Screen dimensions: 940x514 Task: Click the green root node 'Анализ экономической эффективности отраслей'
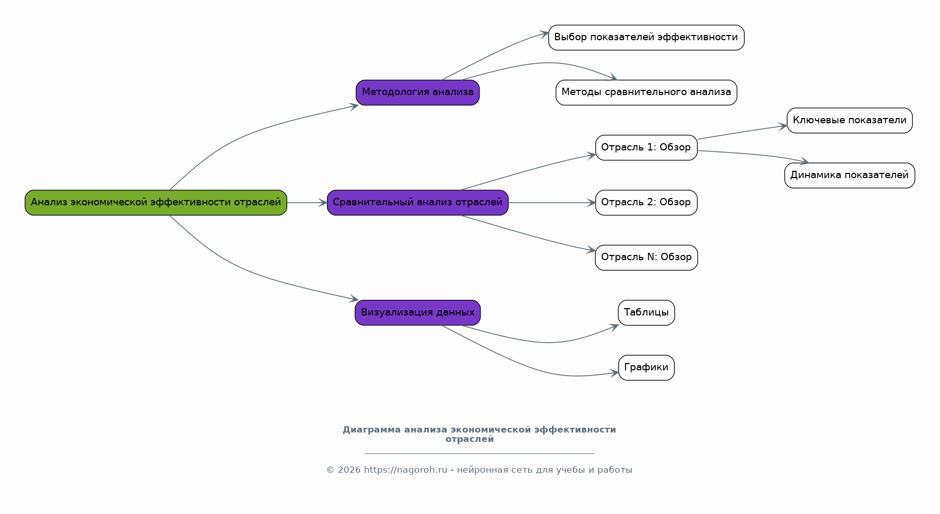tap(156, 203)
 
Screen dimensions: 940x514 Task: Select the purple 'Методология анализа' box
tap(418, 92)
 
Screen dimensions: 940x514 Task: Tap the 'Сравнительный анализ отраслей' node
tap(418, 203)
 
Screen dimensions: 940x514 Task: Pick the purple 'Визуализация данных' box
tap(418, 313)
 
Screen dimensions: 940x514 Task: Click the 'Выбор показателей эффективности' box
tap(646, 38)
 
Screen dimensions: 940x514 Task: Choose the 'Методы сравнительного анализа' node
tap(646, 92)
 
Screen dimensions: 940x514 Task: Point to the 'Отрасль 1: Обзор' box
tap(646, 148)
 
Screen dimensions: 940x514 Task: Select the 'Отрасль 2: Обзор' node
tap(646, 203)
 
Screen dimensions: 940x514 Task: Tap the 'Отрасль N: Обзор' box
tap(646, 258)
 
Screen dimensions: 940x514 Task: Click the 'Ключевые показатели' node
tap(850, 121)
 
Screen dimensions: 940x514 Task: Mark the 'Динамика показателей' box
tap(850, 176)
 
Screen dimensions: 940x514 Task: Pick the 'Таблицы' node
tap(646, 313)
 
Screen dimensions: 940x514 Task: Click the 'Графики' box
tap(646, 368)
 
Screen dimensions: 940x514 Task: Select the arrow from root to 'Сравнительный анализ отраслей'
tap(307, 203)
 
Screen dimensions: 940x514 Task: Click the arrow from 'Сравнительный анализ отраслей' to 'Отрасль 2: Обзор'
tap(552, 203)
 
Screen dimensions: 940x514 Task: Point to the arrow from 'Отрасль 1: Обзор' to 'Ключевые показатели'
tap(742, 132)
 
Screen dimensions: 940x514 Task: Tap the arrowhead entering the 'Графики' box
tap(614, 373)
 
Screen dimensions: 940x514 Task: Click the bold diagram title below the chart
tap(479, 434)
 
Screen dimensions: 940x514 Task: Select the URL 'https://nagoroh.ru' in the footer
tap(405, 470)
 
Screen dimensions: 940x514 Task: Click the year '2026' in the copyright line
tap(349, 470)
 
